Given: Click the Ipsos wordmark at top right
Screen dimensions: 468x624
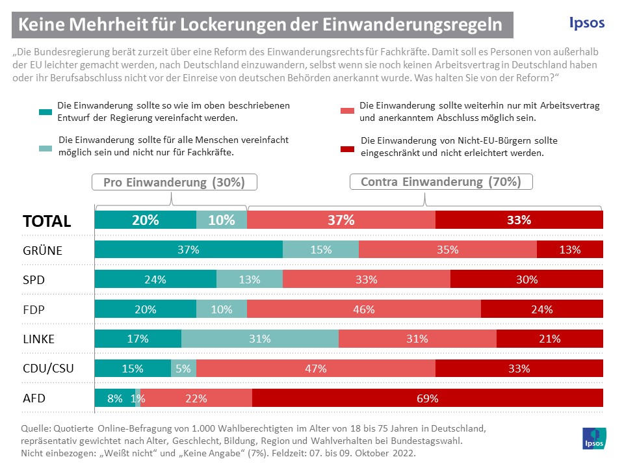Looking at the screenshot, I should (586, 23).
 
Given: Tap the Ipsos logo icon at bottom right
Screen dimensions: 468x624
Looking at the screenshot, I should (593, 438).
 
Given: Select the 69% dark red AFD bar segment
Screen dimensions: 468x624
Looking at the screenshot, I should (427, 398).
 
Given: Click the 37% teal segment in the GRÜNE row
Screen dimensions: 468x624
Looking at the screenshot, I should (188, 250).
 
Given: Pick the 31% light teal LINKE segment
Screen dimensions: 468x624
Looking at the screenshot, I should (259, 339).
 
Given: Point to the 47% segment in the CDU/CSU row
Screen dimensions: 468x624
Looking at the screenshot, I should (315, 369).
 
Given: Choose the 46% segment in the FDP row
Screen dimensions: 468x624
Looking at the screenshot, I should (363, 309).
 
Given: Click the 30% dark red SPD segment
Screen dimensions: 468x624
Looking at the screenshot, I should (526, 279).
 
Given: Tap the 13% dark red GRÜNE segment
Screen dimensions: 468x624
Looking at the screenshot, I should (569, 250).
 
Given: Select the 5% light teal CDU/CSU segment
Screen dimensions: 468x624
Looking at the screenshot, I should (183, 369).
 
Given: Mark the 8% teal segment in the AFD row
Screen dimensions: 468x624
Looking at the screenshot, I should (114, 398).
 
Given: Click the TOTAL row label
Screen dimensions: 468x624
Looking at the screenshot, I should (47, 221).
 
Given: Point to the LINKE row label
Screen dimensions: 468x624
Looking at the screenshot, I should (39, 339).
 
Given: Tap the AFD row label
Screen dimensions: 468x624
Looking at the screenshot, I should (35, 398).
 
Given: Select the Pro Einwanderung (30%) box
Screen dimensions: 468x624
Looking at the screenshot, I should (174, 182).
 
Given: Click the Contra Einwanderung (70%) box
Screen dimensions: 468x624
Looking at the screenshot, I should (441, 182).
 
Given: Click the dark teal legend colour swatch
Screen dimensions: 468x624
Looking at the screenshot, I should (45, 111).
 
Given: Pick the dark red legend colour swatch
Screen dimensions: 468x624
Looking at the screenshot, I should (346, 147).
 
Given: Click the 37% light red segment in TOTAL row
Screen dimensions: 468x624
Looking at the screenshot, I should (341, 220).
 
